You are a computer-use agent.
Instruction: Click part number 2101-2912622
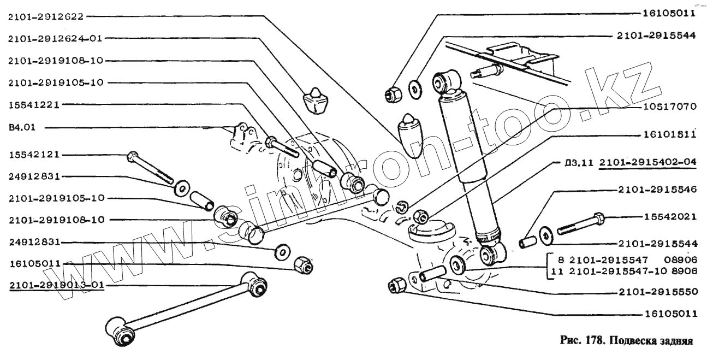pos(45,16)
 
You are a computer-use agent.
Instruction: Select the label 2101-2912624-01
pos(55,38)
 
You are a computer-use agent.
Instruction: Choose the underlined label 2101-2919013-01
pos(55,285)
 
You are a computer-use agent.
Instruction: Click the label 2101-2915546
pos(658,190)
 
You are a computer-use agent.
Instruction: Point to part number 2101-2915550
pos(658,292)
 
